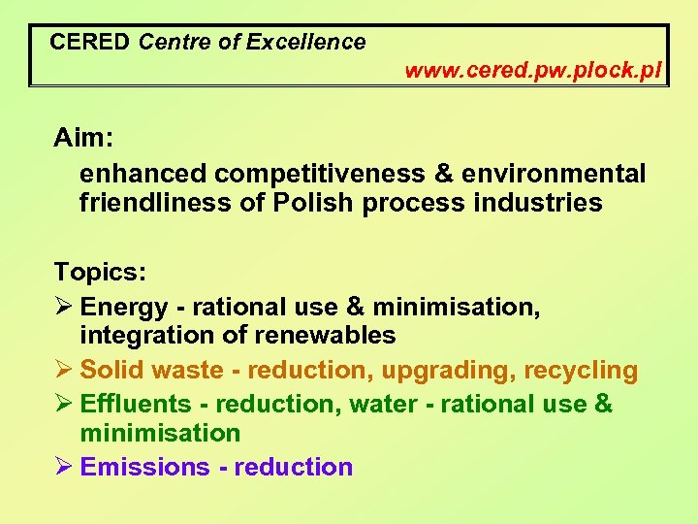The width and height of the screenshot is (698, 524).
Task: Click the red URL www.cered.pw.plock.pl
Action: click(532, 71)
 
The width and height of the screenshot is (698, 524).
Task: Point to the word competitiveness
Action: click(319, 174)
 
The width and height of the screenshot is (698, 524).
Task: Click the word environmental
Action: click(551, 174)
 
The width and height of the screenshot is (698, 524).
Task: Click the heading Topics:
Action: click(98, 271)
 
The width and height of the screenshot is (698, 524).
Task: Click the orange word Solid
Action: click(111, 371)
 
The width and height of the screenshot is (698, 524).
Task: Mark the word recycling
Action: click(581, 371)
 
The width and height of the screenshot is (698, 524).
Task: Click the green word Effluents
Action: click(136, 404)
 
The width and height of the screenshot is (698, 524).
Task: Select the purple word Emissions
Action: click(144, 467)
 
